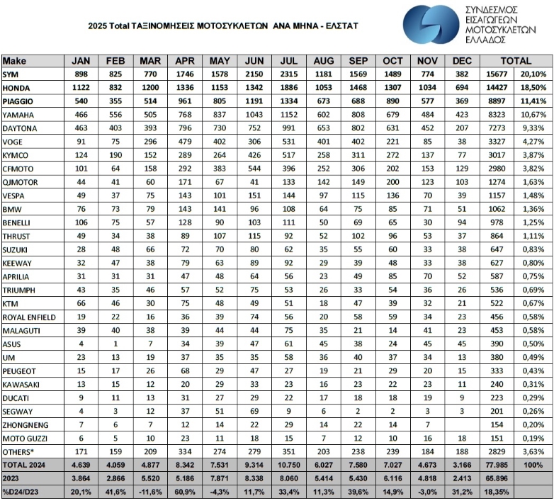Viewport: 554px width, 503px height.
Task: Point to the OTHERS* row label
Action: (x=18, y=451)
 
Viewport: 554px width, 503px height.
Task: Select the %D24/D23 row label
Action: (x=21, y=491)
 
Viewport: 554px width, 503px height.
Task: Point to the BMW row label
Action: (x=11, y=209)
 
